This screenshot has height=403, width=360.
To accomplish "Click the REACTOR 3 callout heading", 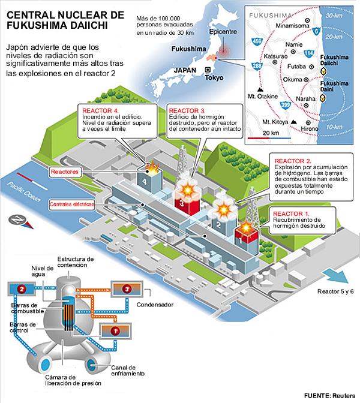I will [x=187, y=111].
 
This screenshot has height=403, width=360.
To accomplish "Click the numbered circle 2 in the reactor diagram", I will [x=22, y=289].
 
